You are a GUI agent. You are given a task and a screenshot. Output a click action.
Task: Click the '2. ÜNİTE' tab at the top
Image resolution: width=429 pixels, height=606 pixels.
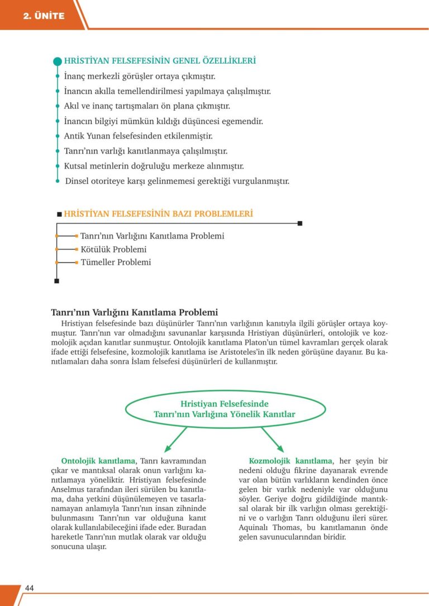click(x=44, y=16)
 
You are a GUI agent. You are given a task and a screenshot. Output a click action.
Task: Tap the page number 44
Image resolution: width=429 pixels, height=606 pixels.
click(x=30, y=588)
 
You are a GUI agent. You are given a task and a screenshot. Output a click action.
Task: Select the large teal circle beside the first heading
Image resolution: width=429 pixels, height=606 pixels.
click(x=57, y=61)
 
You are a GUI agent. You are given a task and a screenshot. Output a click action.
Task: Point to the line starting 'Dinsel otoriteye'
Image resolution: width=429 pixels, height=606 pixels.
click(x=177, y=181)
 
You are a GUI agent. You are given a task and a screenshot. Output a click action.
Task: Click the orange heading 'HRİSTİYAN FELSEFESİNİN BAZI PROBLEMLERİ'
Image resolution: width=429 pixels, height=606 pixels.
click(x=159, y=213)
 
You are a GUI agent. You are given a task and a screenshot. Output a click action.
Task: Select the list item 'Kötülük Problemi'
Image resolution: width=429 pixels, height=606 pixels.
click(x=113, y=249)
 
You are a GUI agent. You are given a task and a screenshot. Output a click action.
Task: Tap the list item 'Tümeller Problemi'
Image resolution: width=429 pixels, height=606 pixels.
click(x=116, y=262)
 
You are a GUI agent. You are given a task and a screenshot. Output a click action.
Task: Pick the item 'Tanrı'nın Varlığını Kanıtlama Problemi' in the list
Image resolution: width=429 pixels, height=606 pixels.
click(x=152, y=236)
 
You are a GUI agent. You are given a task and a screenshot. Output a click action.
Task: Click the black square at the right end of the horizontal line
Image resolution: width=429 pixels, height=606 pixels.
click(x=300, y=223)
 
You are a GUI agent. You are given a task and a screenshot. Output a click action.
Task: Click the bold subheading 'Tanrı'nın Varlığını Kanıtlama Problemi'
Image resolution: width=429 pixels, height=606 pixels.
click(x=134, y=312)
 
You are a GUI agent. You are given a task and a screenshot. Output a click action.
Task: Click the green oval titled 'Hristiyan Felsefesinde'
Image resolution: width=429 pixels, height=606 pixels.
click(x=225, y=409)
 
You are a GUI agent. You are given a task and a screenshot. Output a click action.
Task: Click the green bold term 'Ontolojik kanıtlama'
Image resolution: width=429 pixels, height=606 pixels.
click(x=98, y=461)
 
